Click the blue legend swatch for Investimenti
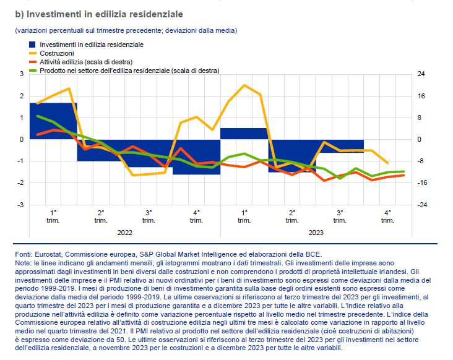33,45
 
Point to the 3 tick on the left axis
22,74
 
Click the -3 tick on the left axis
20,205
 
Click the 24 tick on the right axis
420,74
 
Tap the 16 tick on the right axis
420,96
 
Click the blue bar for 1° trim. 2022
53,121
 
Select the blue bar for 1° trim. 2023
244,133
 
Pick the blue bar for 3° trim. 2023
340,145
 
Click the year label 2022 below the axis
124,233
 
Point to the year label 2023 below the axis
315,233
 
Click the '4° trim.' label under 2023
387,216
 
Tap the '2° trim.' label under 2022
101,216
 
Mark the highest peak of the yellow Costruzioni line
244,85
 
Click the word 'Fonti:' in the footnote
24,254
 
